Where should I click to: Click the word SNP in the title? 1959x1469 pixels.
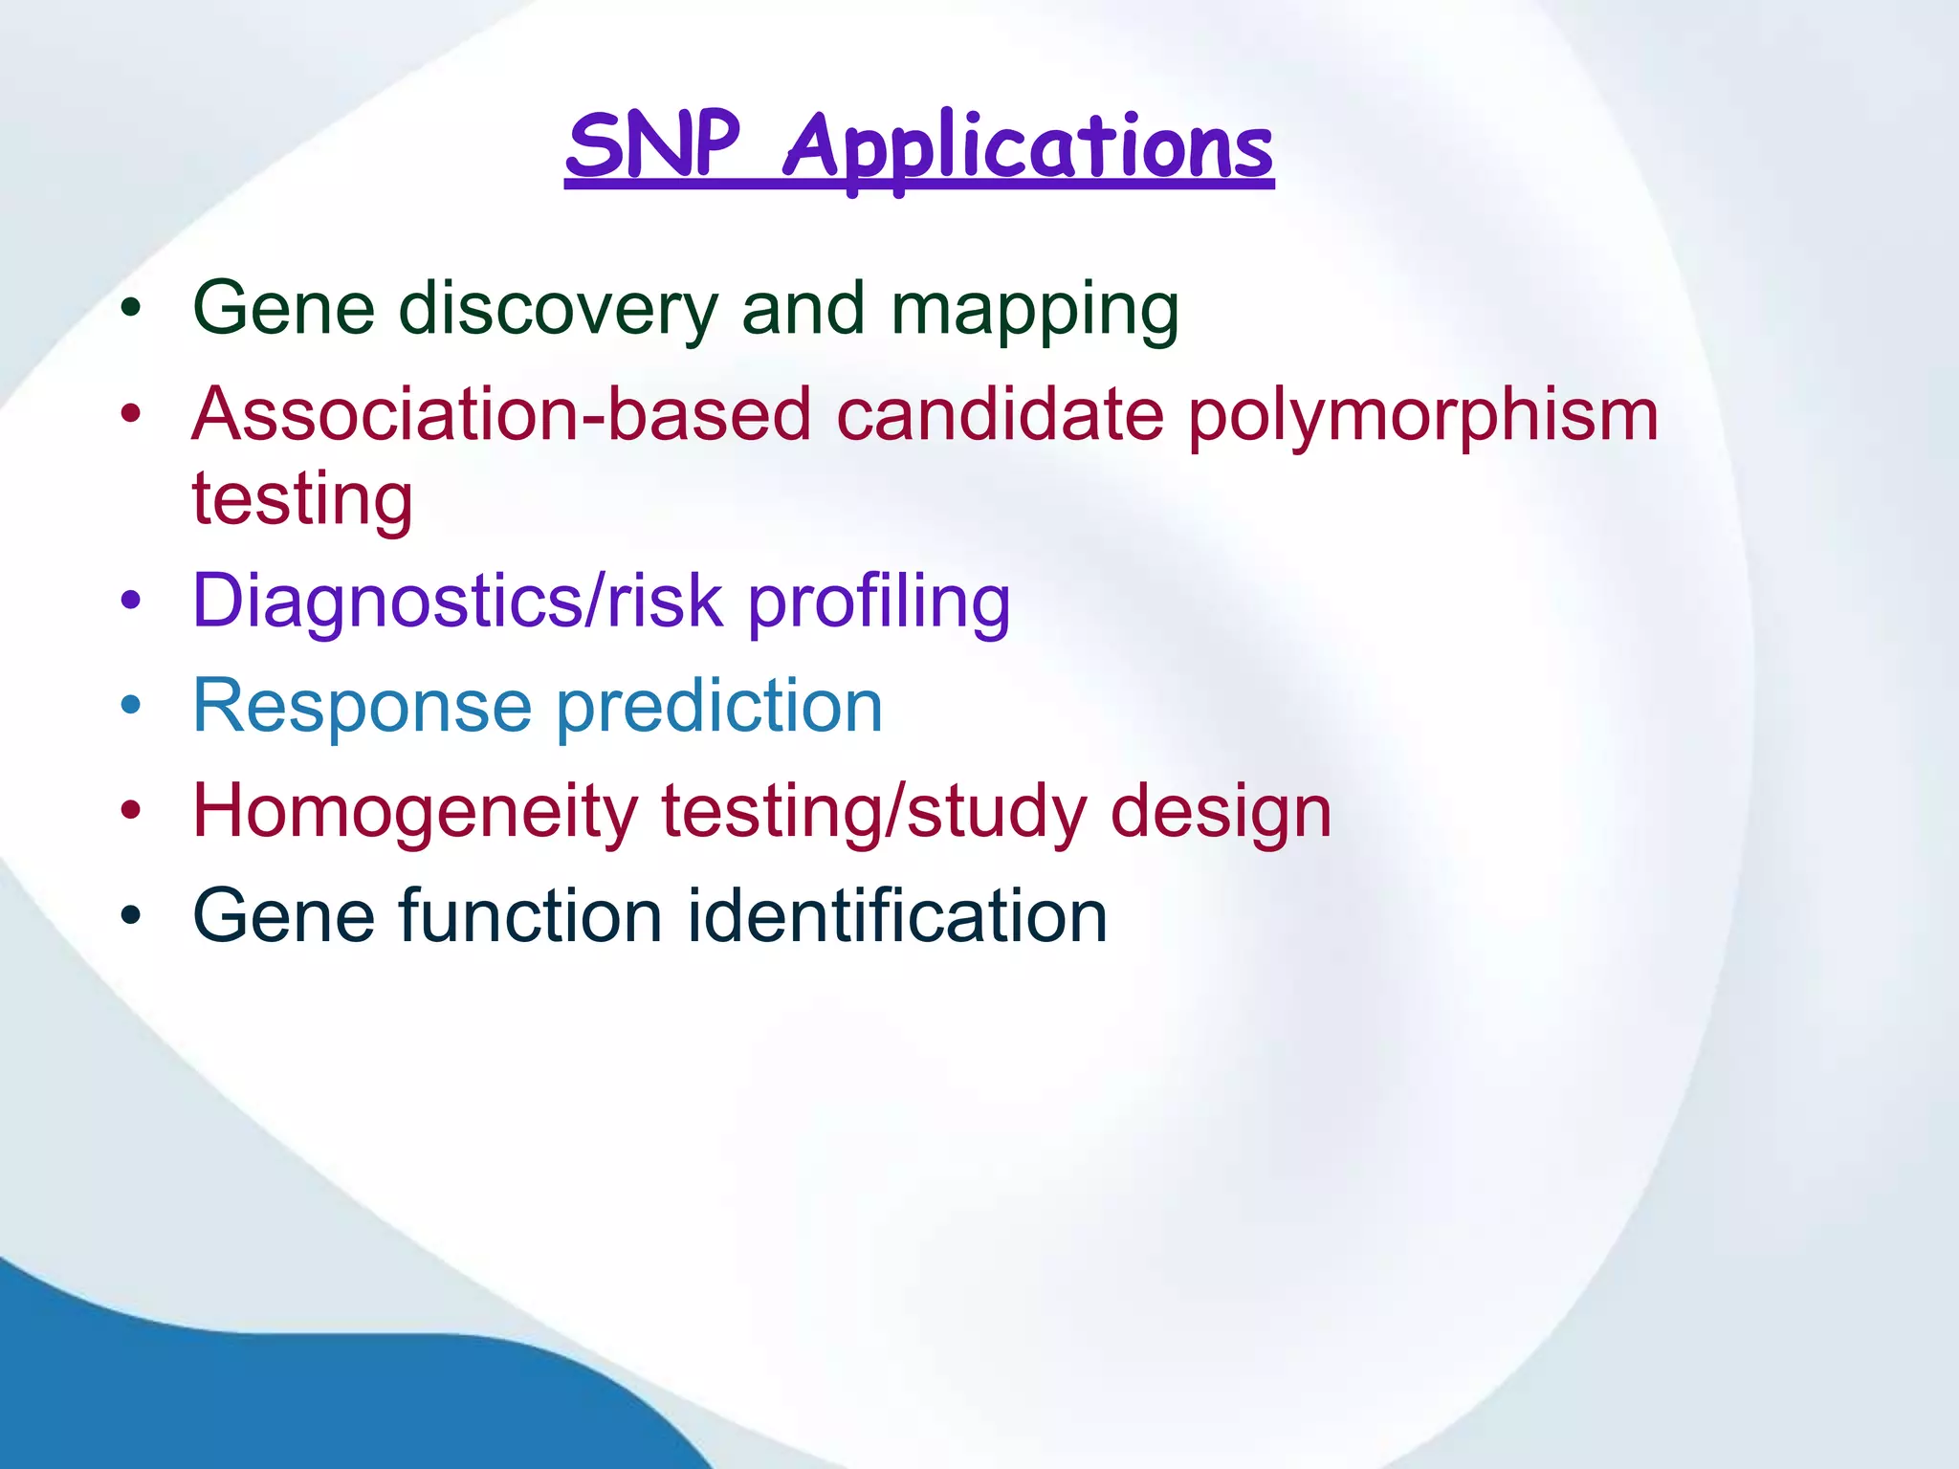(x=653, y=145)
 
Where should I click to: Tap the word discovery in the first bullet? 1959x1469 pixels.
(x=558, y=309)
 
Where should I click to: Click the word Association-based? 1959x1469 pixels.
(x=501, y=415)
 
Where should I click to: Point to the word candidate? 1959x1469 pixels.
(x=999, y=415)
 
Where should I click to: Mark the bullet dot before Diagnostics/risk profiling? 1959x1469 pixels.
(x=131, y=602)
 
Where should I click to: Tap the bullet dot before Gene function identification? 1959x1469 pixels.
(x=131, y=916)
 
